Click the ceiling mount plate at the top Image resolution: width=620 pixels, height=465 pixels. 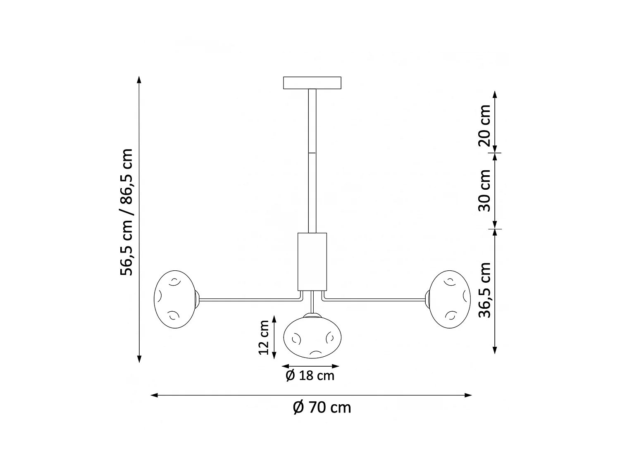[x=312, y=83]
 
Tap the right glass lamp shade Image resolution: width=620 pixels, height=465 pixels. [x=449, y=299]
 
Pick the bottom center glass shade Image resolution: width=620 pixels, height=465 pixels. [x=312, y=336]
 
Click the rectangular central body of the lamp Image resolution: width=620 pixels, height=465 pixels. [x=312, y=261]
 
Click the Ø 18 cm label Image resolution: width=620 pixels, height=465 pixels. [x=310, y=376]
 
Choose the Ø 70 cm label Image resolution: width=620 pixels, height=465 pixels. [x=322, y=408]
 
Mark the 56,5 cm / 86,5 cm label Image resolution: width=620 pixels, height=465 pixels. [x=126, y=212]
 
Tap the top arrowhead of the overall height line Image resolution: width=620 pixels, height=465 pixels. [x=139, y=80]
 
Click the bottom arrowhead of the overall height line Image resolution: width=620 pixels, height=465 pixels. [x=139, y=359]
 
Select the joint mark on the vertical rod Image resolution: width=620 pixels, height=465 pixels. [x=312, y=153]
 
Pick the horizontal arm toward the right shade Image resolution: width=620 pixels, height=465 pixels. [x=374, y=299]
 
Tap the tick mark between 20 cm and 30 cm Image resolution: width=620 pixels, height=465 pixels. [x=495, y=153]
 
